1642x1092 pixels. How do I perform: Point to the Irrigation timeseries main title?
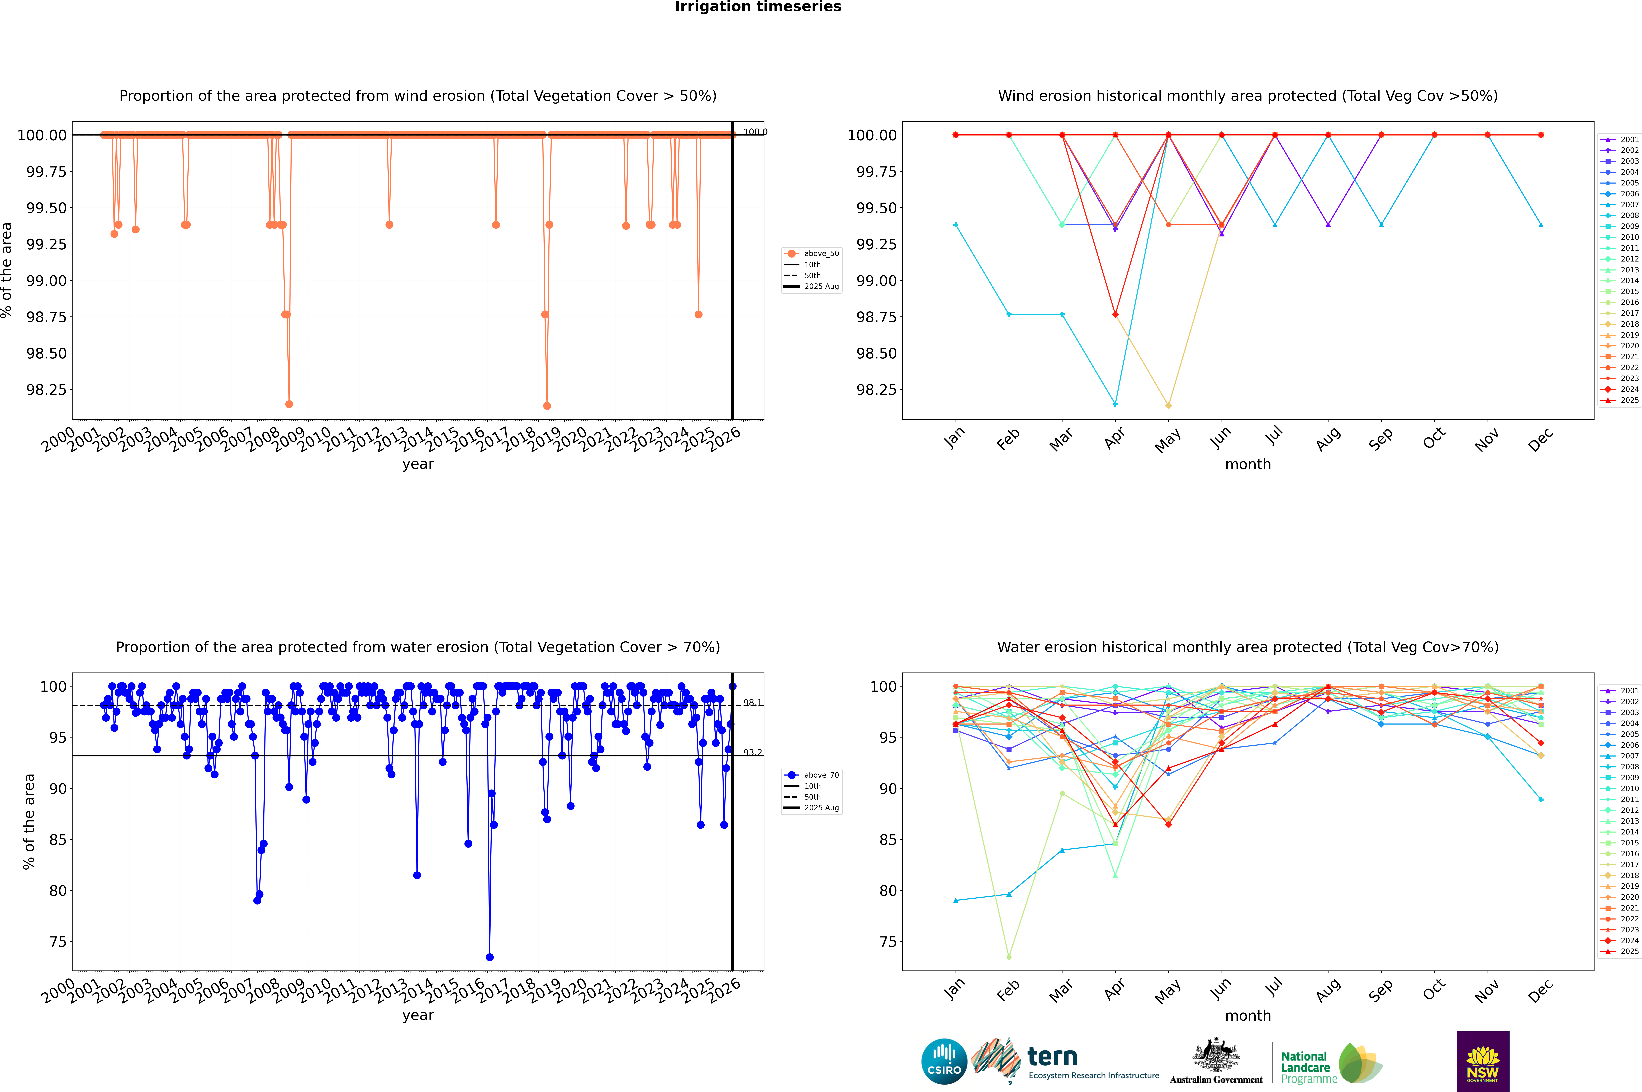point(758,7)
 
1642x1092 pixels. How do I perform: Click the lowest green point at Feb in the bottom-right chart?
point(1009,957)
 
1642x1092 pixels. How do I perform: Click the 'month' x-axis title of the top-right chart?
point(1247,465)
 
